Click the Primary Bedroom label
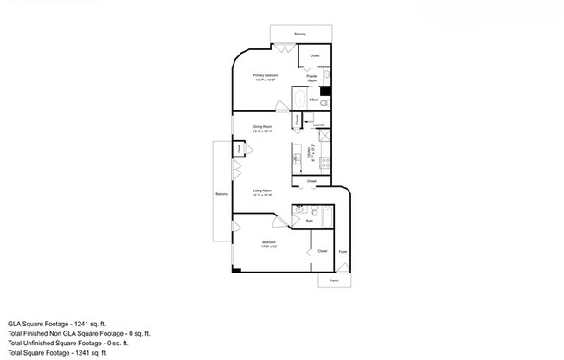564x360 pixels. coord(265,77)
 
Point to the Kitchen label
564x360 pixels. coord(310,156)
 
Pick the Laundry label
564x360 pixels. coord(319,125)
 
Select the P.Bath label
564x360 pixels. coord(313,100)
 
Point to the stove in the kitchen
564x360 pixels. coord(326,161)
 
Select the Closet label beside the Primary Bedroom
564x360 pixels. coord(313,55)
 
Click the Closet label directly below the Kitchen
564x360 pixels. coord(311,181)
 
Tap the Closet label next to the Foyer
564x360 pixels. coord(322,251)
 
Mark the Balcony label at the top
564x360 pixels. coord(300,34)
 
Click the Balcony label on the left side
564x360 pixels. coord(221,193)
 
